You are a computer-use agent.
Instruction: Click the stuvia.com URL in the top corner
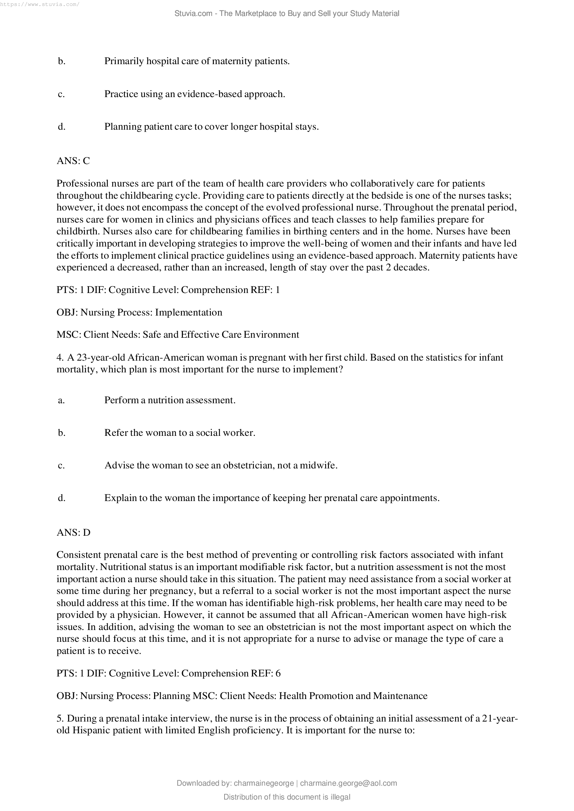coord(40,5)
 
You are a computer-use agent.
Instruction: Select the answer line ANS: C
coord(73,161)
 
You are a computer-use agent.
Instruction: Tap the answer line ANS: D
coord(74,532)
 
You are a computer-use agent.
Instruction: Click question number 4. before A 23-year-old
coord(60,357)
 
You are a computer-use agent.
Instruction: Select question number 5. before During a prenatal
coord(60,718)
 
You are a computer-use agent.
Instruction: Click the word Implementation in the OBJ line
coord(188,312)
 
